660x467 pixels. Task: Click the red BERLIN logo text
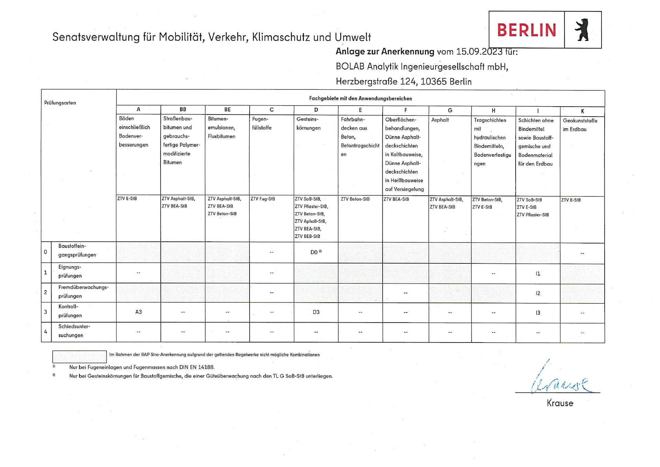click(x=526, y=30)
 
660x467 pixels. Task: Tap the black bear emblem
click(x=582, y=30)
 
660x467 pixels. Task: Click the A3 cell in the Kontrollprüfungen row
click(x=139, y=312)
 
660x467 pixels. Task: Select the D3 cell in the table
click(x=316, y=312)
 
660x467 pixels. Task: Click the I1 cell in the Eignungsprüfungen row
click(x=538, y=273)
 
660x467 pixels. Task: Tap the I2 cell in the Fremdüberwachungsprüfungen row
click(x=538, y=293)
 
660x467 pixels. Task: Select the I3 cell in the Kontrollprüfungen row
click(x=538, y=313)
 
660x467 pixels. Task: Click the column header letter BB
click(x=183, y=109)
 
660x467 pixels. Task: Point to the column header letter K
click(x=582, y=111)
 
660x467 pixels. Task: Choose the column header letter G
click(x=450, y=110)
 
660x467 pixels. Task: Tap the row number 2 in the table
click(x=45, y=292)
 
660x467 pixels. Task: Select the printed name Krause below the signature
click(x=560, y=403)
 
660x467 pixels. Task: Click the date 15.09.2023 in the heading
click(x=479, y=52)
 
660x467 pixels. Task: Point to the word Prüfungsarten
click(x=60, y=103)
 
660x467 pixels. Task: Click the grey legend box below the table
click(x=79, y=356)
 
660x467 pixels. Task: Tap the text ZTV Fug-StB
click(x=263, y=199)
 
